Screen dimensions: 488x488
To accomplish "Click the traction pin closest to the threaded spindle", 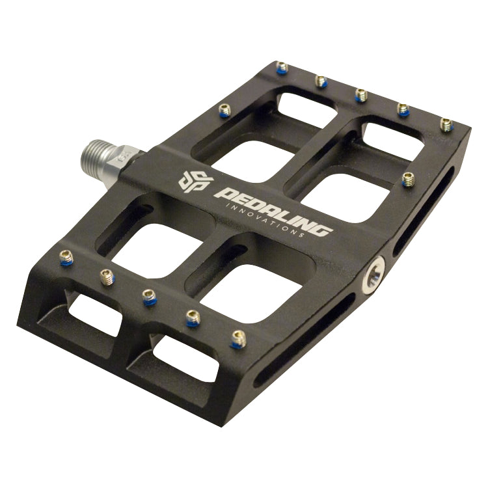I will (x=225, y=110).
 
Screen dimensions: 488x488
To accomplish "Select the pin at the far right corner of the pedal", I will (x=446, y=124).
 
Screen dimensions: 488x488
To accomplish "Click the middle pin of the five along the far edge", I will (x=361, y=96).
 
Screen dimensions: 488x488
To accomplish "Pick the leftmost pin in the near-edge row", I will (x=66, y=258).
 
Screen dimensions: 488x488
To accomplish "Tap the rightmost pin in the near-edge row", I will (x=238, y=338).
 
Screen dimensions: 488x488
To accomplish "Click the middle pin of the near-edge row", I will (x=150, y=297).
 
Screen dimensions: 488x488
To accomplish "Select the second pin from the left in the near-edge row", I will (x=107, y=277).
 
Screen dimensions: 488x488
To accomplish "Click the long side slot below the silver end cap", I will (x=306, y=338).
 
